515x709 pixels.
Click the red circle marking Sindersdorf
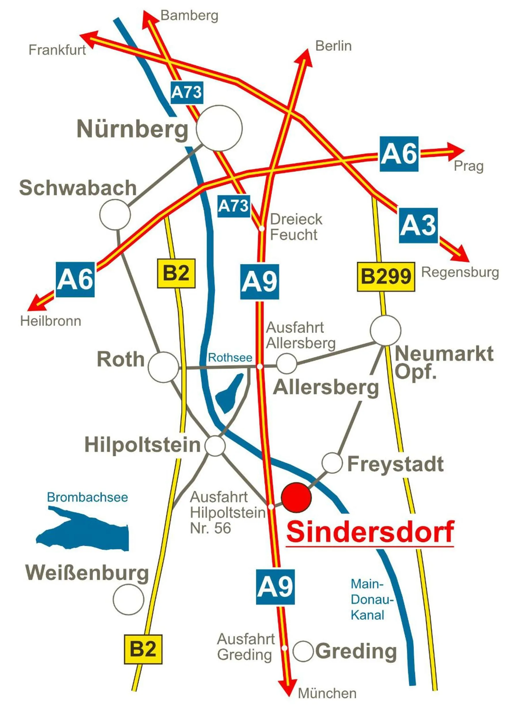click(296, 497)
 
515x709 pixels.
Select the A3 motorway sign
click(418, 225)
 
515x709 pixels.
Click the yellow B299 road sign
click(386, 277)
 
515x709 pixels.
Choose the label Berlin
click(333, 46)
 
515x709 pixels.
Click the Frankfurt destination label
click(57, 50)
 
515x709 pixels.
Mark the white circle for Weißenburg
click(128, 600)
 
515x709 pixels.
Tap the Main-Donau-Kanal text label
click(371, 599)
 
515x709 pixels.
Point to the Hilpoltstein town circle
click(215, 446)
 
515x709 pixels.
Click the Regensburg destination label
click(460, 272)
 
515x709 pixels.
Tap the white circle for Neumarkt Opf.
click(385, 330)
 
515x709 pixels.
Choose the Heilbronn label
click(51, 321)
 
